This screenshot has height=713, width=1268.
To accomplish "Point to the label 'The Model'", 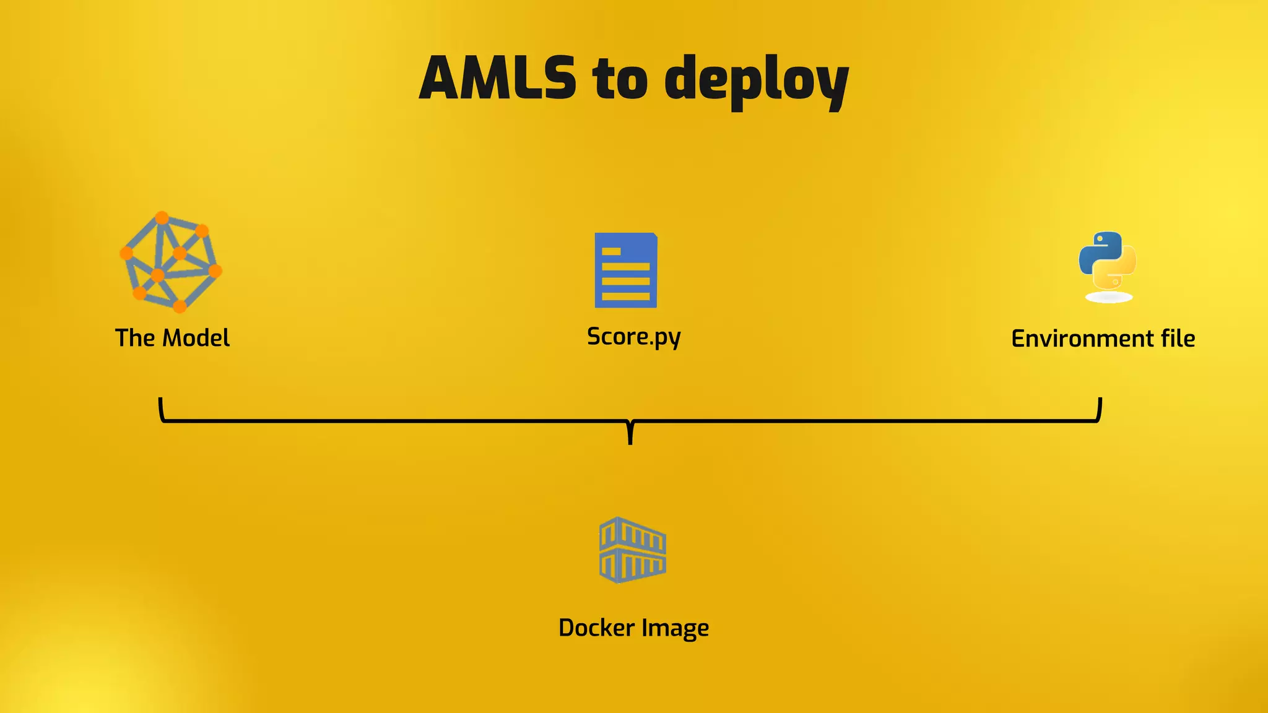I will coord(172,338).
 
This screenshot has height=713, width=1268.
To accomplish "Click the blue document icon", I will coord(626,270).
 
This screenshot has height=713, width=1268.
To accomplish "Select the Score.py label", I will coord(633,337).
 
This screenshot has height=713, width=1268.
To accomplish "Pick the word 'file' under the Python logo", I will coord(1178,339).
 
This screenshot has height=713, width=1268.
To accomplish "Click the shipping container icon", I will coord(632,550).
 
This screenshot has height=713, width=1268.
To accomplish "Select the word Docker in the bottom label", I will coord(596,628).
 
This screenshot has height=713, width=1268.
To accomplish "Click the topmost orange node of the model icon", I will coord(162,218).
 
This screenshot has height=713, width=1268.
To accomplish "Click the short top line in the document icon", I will coord(611,251).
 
